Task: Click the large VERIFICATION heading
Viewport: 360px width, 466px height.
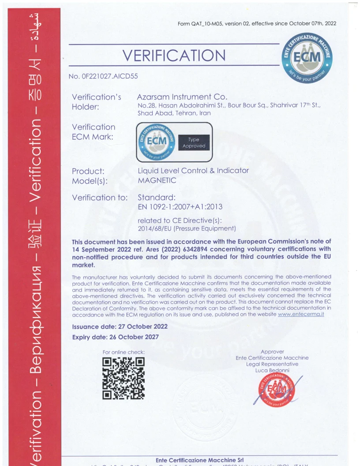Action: pos(174,56)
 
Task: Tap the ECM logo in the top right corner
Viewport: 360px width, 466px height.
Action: pos(307,59)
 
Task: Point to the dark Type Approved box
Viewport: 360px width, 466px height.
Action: pos(194,143)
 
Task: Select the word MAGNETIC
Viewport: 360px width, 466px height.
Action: pos(157,180)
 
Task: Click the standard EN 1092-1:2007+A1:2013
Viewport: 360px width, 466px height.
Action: pos(180,207)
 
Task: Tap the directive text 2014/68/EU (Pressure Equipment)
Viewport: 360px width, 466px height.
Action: pos(187,228)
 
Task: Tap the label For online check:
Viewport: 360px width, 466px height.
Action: pos(124,352)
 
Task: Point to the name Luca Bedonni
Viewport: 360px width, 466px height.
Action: pos(272,370)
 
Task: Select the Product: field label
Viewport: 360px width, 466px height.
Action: pos(88,171)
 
